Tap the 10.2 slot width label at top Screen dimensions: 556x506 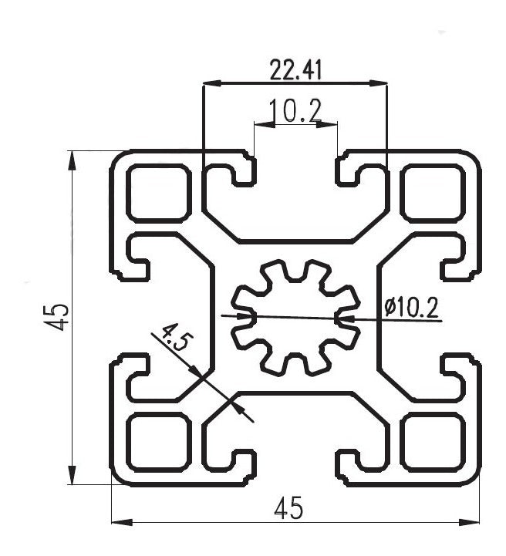[x=295, y=112]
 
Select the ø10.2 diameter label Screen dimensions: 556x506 [x=411, y=308]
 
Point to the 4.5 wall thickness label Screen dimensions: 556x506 [x=174, y=340]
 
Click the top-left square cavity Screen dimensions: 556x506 [x=158, y=193]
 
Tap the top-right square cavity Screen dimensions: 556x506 [x=432, y=193]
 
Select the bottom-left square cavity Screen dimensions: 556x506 [x=158, y=443]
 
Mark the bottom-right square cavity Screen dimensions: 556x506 [x=432, y=443]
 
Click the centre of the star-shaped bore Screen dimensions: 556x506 [x=295, y=317]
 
